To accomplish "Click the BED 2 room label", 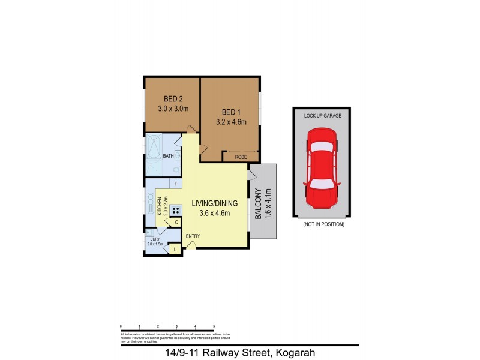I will point(173,100).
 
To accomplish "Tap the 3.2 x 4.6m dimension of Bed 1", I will point(231,122).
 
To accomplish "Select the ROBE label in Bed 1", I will point(241,157).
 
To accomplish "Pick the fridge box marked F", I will point(176,184).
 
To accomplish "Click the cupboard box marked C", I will point(176,223).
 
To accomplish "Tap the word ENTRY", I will point(193,236).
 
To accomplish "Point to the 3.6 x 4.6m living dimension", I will point(215,214).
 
